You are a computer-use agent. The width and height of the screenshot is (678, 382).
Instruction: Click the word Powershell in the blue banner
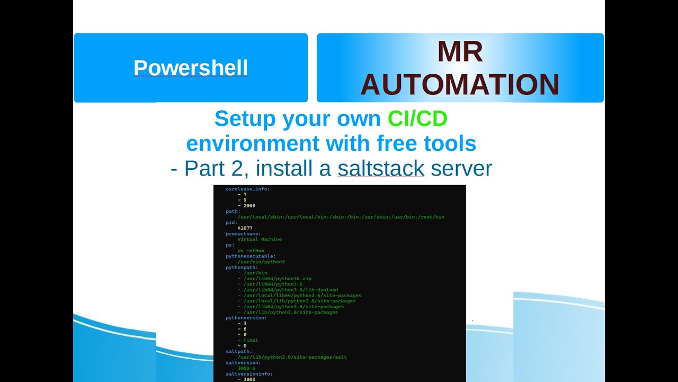(x=191, y=68)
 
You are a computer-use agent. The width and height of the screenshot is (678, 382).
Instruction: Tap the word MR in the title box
(x=460, y=52)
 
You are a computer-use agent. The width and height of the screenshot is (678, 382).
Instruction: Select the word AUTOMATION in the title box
(x=460, y=85)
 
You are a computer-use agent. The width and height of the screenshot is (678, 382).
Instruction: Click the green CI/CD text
(x=417, y=119)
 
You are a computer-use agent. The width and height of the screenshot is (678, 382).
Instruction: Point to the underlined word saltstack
(x=381, y=168)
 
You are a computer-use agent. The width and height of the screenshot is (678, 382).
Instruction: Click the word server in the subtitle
(x=461, y=168)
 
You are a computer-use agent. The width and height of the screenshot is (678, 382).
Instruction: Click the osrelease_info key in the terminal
(x=247, y=189)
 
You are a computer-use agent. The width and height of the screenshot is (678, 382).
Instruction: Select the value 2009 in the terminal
(x=249, y=205)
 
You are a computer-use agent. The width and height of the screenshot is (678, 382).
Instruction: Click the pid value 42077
(x=245, y=228)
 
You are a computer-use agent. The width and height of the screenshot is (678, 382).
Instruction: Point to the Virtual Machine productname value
(x=260, y=239)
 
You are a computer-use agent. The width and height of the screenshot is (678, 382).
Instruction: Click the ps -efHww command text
(x=251, y=250)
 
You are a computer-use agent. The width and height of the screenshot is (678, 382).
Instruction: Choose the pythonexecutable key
(x=251, y=256)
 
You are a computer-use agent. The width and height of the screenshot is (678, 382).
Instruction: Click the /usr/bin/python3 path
(x=261, y=262)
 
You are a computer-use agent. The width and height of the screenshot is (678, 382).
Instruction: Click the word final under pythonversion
(x=251, y=340)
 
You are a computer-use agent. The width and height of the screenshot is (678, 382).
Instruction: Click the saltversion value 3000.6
(x=246, y=368)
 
